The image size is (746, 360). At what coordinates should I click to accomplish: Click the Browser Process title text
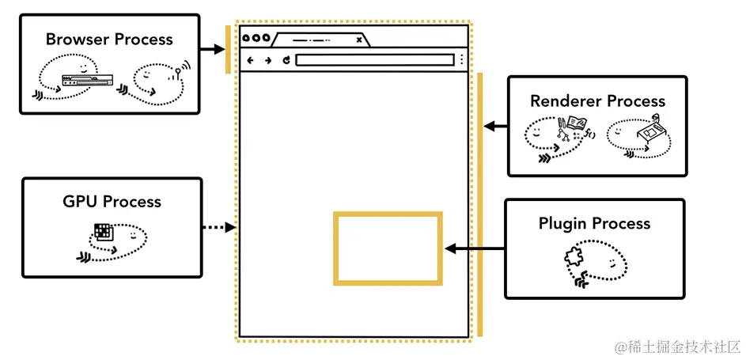coord(109,39)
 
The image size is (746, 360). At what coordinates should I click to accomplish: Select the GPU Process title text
coord(112,202)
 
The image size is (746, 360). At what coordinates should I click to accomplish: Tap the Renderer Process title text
coord(597,101)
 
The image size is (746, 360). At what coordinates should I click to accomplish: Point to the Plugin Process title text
coord(594,223)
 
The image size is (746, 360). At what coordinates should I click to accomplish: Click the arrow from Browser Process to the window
coord(212,49)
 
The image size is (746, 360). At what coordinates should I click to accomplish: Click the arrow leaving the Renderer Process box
coord(495,126)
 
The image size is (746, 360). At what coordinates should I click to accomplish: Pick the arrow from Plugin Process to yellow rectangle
coord(475,248)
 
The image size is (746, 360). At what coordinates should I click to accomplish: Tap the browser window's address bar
coord(375,60)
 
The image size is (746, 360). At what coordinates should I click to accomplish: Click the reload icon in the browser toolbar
coord(286,60)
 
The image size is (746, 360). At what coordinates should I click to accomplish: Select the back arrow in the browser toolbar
coord(251,60)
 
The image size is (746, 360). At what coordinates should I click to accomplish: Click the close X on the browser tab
coord(359,39)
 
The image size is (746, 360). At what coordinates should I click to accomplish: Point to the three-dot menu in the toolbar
coord(461,60)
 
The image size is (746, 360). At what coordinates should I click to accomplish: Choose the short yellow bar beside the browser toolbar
coord(228,49)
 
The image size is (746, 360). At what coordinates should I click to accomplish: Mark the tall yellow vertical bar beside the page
coord(479,204)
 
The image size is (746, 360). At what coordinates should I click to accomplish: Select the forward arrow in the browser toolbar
coord(268,60)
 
